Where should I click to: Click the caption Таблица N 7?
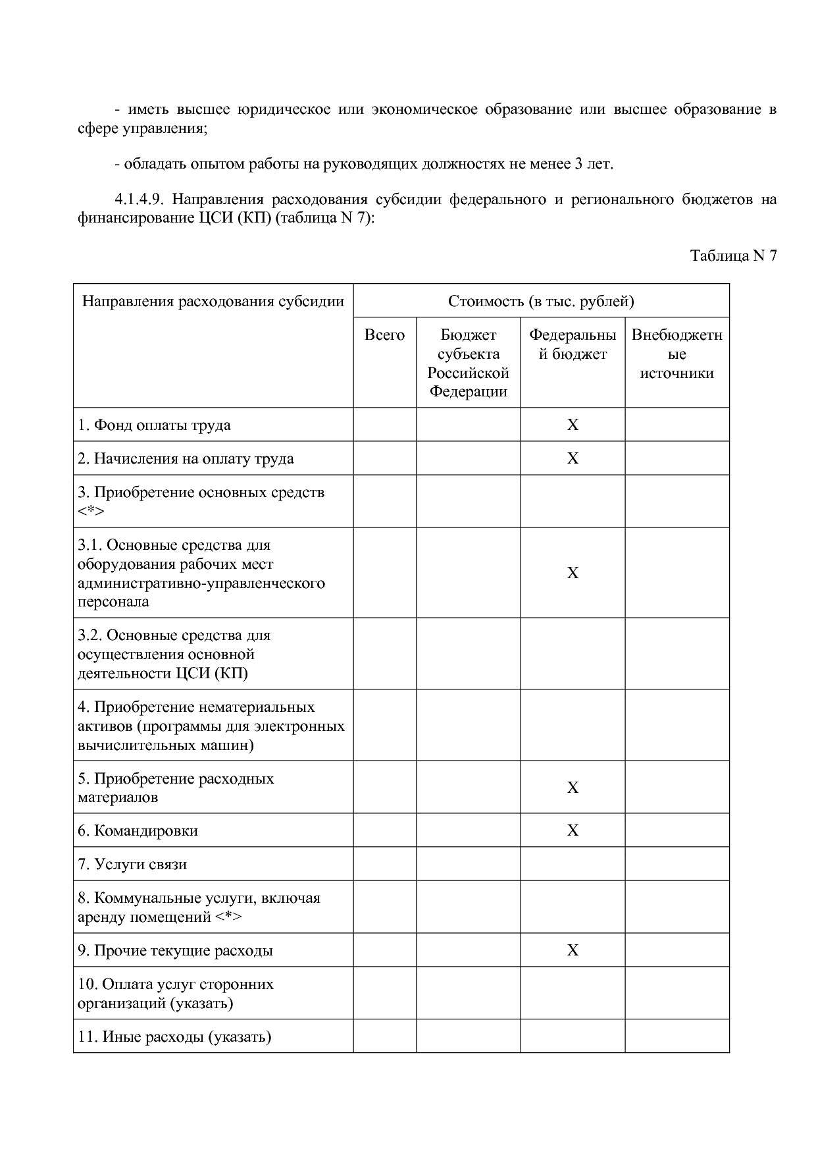[733, 256]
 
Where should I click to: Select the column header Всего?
[384, 335]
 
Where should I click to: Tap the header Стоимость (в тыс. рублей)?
[541, 302]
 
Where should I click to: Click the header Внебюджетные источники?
[676, 354]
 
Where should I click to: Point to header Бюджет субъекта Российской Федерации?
[468, 363]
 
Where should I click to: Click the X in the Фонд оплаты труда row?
[573, 425]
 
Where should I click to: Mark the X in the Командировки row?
[573, 831]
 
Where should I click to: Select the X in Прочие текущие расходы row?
[573, 951]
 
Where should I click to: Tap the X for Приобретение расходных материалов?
[573, 788]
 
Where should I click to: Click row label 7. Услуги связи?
[132, 865]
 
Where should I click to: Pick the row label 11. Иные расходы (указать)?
[174, 1037]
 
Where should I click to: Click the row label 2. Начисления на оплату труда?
[186, 459]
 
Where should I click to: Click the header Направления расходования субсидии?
[213, 302]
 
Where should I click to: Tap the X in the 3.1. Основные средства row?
[573, 574]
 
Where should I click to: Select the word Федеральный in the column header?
[573, 335]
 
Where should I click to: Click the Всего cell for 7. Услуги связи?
[384, 864]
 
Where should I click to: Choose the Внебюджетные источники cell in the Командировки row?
[676, 830]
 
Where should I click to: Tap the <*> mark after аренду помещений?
[228, 917]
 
